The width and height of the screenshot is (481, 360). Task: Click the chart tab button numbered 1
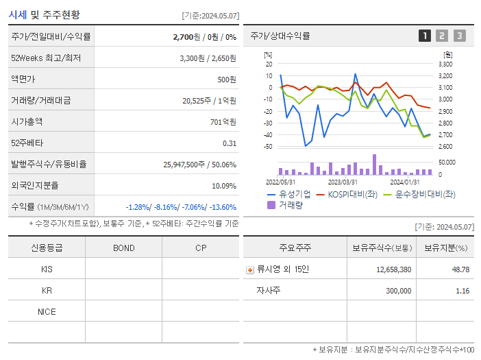point(425,36)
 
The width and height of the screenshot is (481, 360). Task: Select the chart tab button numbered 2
point(442,36)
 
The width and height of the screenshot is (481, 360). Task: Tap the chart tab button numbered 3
point(459,36)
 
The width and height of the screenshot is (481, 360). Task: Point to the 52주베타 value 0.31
point(229,143)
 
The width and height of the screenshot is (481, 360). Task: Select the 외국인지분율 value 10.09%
point(223,186)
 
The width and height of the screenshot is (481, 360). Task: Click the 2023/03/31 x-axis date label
point(343,182)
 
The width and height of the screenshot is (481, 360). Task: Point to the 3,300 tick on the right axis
point(445,64)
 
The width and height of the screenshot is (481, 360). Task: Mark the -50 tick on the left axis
point(268,147)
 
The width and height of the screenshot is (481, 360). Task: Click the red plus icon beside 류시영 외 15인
point(249,269)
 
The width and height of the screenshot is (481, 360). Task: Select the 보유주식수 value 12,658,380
point(393,269)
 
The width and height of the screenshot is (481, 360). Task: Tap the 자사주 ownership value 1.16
point(462,291)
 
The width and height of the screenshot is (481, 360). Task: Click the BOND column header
point(123,248)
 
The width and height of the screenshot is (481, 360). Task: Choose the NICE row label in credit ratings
point(47,312)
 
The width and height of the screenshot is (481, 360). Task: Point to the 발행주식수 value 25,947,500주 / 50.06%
point(199,165)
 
